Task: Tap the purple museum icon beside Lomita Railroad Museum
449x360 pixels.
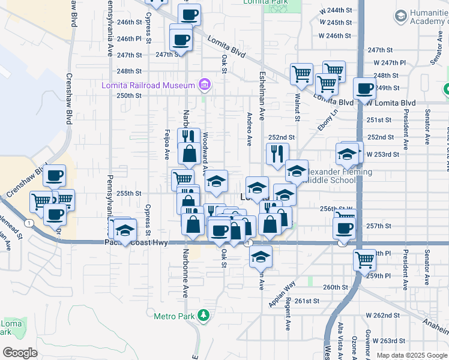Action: tap(205, 85)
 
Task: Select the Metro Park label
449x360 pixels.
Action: tap(172, 316)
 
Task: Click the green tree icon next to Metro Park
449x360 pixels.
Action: tap(204, 315)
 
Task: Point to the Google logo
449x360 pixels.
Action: tap(20, 352)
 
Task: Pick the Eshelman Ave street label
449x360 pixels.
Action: tap(262, 94)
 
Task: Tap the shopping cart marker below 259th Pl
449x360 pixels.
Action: tap(364, 260)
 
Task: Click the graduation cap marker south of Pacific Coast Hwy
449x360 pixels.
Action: tap(260, 256)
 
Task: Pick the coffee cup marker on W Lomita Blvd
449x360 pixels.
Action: tap(364, 89)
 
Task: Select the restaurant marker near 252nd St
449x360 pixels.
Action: tap(277, 154)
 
